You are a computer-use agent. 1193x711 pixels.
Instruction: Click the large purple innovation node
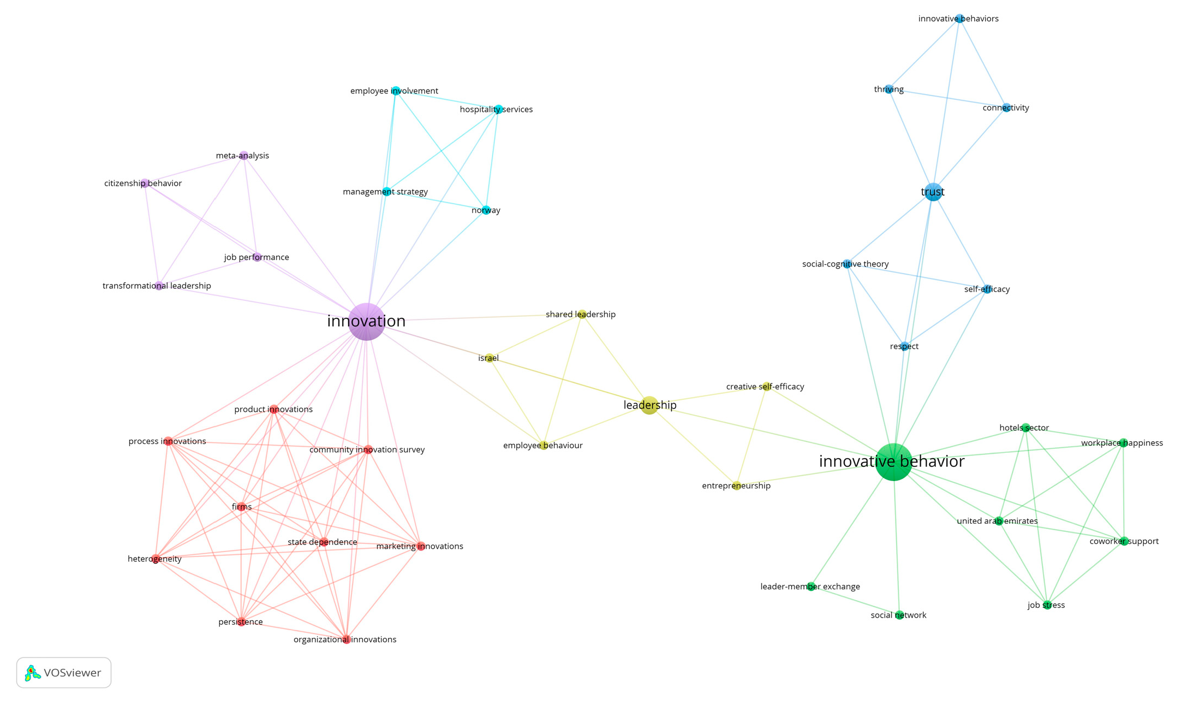(367, 322)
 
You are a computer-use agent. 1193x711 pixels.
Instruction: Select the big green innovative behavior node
(893, 462)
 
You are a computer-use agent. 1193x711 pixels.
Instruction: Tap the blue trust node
(933, 192)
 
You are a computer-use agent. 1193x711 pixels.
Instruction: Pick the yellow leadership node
(649, 405)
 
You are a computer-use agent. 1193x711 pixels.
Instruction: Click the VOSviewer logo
(63, 673)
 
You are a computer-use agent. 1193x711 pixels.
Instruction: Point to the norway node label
(486, 210)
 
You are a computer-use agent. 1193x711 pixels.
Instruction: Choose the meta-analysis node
(244, 156)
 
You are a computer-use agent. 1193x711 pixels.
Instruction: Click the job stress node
(1047, 605)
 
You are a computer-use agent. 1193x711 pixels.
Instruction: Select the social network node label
(898, 615)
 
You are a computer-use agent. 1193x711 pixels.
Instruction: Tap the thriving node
(889, 89)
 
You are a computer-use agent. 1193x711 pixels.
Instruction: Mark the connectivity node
(1006, 108)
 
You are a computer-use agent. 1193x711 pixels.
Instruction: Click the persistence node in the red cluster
(241, 621)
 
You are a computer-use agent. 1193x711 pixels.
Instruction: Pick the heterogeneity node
(156, 559)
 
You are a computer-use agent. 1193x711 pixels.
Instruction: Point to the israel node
(490, 358)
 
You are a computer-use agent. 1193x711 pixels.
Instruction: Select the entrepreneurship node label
(736, 485)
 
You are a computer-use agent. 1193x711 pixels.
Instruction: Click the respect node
(904, 346)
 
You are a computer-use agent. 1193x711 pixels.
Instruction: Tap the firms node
(242, 507)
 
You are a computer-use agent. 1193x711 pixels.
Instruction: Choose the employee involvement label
(394, 91)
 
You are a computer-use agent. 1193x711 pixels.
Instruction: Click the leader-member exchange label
(810, 586)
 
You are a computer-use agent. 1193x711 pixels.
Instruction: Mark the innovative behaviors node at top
(959, 19)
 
